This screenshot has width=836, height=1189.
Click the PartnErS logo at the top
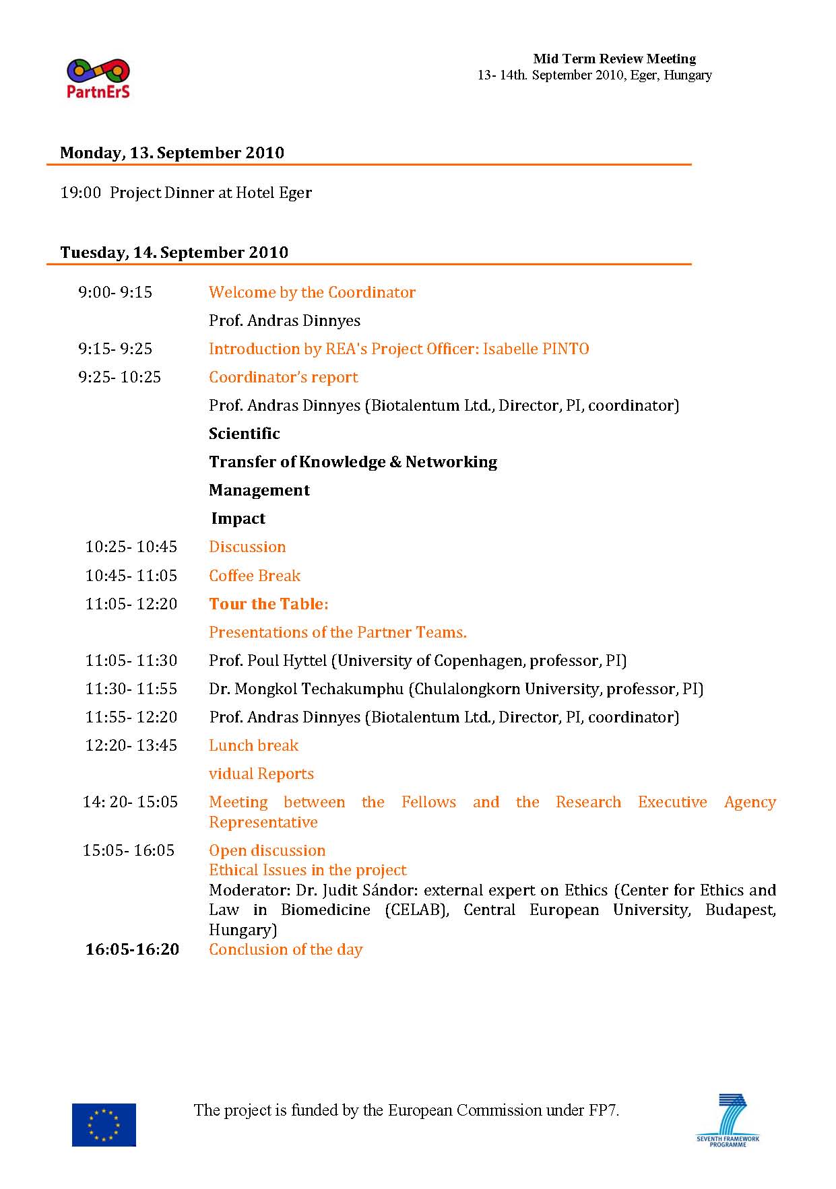pos(98,78)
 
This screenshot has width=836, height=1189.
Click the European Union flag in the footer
pos(104,1124)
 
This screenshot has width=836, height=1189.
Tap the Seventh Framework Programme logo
pos(728,1120)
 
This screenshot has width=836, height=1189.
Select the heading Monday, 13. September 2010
pos(172,153)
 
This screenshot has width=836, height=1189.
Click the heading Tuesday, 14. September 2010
pos(174,252)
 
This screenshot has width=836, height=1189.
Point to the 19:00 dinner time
pos(80,193)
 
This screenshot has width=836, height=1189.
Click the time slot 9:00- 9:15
pos(115,292)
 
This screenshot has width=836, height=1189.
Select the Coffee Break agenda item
pos(255,576)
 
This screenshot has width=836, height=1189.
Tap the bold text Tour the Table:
pos(268,604)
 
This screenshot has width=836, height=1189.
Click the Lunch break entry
pos(253,745)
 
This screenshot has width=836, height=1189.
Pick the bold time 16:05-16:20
pos(132,949)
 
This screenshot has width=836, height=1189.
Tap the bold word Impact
pos(238,518)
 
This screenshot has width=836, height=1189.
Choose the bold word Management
pos(259,490)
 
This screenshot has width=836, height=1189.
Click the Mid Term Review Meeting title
pos(614,59)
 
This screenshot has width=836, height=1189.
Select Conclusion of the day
pos(286,949)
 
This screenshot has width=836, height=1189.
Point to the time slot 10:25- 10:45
pos(131,547)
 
